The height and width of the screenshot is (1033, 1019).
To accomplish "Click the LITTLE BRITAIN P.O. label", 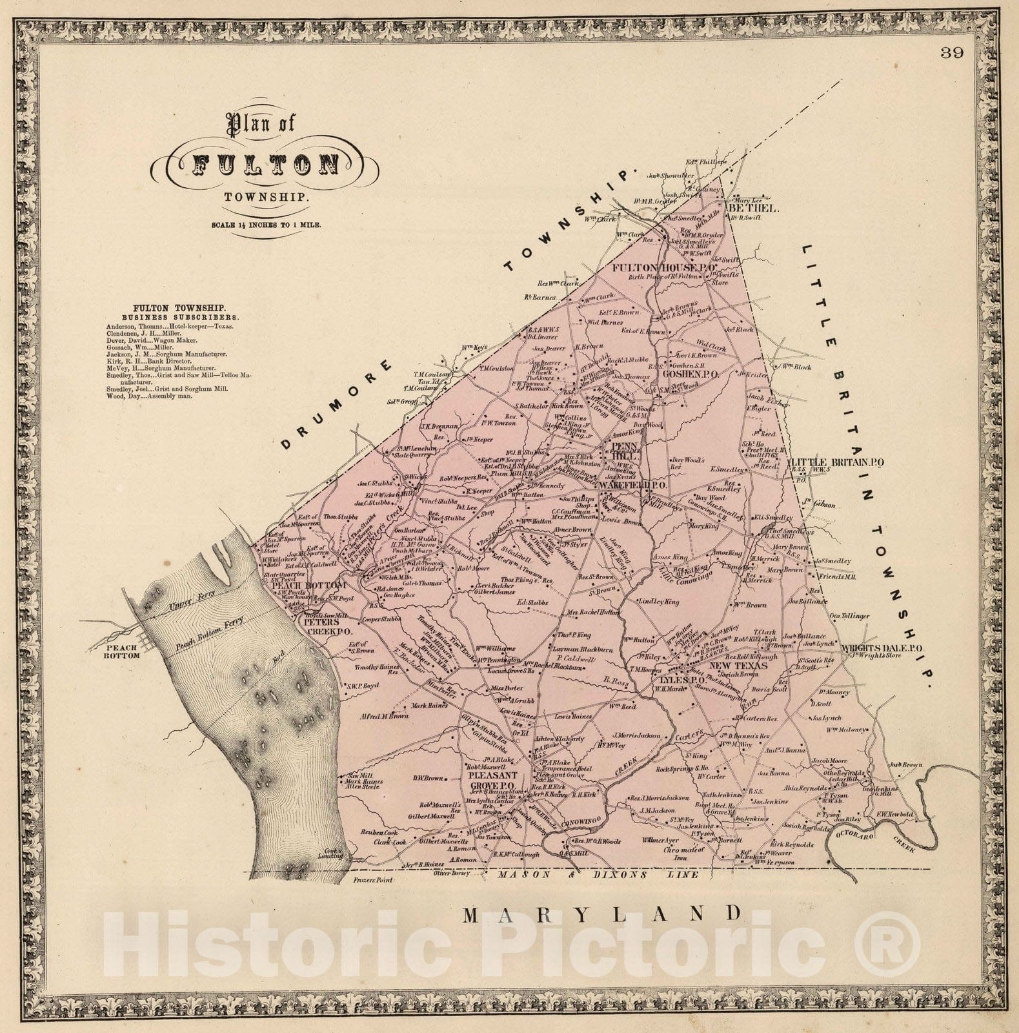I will tap(836, 462).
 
